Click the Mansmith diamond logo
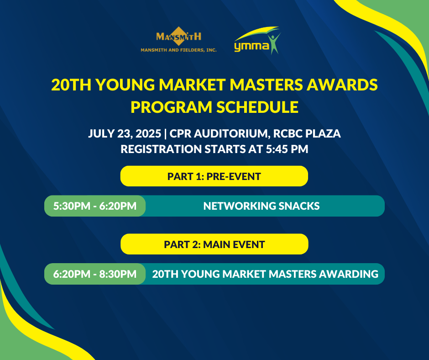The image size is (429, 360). click(x=178, y=36)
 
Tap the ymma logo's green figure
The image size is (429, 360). click(x=275, y=43)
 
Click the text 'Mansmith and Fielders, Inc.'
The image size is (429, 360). click(x=178, y=50)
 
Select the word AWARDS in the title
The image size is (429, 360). click(x=342, y=85)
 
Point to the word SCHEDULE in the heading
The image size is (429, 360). click(x=257, y=107)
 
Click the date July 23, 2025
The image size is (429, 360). click(x=125, y=134)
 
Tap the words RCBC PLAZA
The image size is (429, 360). click(x=307, y=133)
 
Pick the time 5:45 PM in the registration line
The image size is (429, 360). click(x=287, y=149)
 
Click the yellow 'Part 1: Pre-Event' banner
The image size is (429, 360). click(x=214, y=176)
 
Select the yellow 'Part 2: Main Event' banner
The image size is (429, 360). click(x=214, y=244)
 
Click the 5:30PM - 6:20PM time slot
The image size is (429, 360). click(x=95, y=206)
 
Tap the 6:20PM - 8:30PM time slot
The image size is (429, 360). click(x=95, y=274)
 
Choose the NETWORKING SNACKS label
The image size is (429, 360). click(x=262, y=206)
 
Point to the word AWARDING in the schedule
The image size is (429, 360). click(x=349, y=274)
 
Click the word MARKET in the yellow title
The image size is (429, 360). click(x=193, y=85)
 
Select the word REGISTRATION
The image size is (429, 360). click(x=161, y=149)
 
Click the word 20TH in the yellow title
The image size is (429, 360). click(x=71, y=85)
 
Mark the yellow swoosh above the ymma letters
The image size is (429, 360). click(x=256, y=33)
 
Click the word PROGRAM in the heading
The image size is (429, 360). click(x=172, y=107)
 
